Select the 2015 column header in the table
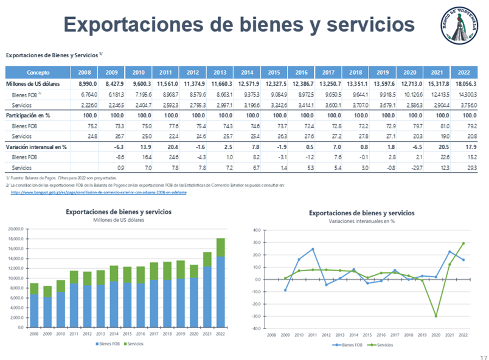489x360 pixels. [274, 72]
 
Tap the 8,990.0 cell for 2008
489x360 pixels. [85, 84]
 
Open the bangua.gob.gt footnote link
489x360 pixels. [99, 192]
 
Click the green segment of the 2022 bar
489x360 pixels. [221, 247]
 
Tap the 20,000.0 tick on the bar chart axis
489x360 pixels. [15, 229]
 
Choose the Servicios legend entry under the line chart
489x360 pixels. [384, 344]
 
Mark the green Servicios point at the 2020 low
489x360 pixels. [436, 316]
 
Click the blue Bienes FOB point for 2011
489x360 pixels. [313, 249]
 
